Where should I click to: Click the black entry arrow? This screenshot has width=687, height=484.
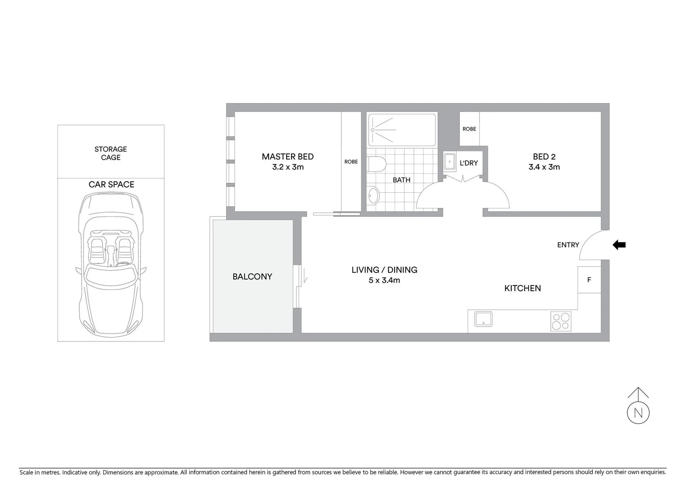click(619, 245)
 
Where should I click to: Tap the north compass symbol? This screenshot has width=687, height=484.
click(638, 413)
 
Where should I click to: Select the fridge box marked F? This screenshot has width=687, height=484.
click(589, 280)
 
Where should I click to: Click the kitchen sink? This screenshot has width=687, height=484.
click(483, 319)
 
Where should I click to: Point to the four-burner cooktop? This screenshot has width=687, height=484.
click(561, 321)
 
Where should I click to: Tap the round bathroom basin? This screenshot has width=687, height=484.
click(373, 195)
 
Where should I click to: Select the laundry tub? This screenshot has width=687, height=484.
click(449, 162)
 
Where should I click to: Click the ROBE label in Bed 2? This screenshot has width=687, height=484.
click(469, 129)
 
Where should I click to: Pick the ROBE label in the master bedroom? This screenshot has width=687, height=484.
click(351, 162)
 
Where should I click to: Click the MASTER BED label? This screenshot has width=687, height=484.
click(287, 156)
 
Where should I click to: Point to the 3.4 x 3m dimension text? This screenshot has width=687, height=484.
click(544, 167)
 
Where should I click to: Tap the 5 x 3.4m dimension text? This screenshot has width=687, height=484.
click(384, 281)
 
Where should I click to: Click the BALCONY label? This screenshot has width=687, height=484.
click(252, 277)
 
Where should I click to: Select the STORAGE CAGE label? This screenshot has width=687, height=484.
click(110, 153)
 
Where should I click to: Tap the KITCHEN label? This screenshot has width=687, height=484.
click(522, 288)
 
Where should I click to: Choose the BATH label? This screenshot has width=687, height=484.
click(401, 180)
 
